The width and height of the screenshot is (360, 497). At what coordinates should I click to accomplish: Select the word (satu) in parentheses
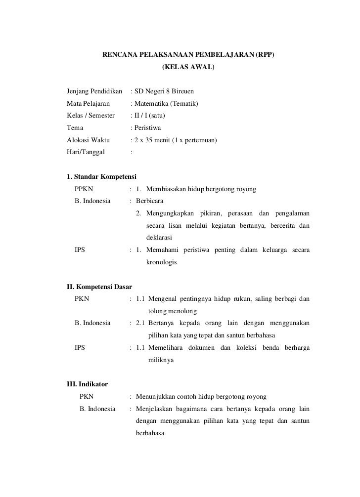pos(157,116)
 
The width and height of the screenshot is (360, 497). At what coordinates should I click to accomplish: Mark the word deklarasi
pos(160,237)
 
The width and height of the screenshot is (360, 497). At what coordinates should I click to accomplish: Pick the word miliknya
pos(161,361)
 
